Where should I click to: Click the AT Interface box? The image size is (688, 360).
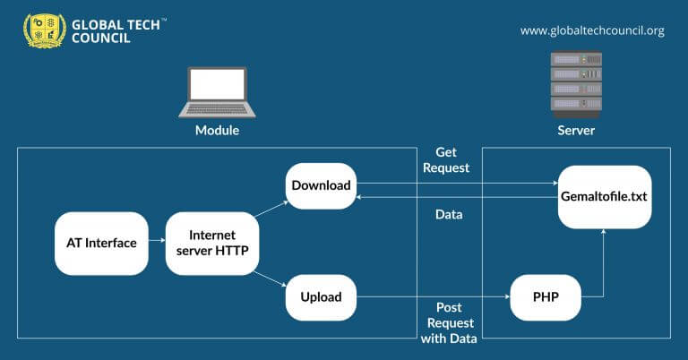tap(101, 243)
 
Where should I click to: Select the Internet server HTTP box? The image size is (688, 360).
tap(212, 243)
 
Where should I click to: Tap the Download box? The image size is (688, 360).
tap(321, 186)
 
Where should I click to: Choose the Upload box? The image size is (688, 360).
tap(321, 298)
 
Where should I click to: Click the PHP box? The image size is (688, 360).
tap(546, 298)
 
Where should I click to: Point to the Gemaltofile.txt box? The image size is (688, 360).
tap(605, 195)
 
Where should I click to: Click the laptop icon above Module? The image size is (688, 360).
tap(217, 91)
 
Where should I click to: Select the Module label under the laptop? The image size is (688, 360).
tap(217, 131)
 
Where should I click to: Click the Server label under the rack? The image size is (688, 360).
tap(576, 131)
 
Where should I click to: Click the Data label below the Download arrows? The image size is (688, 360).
tap(448, 216)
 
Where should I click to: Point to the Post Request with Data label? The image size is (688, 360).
tap(450, 322)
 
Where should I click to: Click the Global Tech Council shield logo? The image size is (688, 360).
tap(44, 30)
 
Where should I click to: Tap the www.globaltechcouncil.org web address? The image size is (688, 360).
tap(592, 30)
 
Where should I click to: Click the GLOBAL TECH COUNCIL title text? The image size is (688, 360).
tap(117, 30)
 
